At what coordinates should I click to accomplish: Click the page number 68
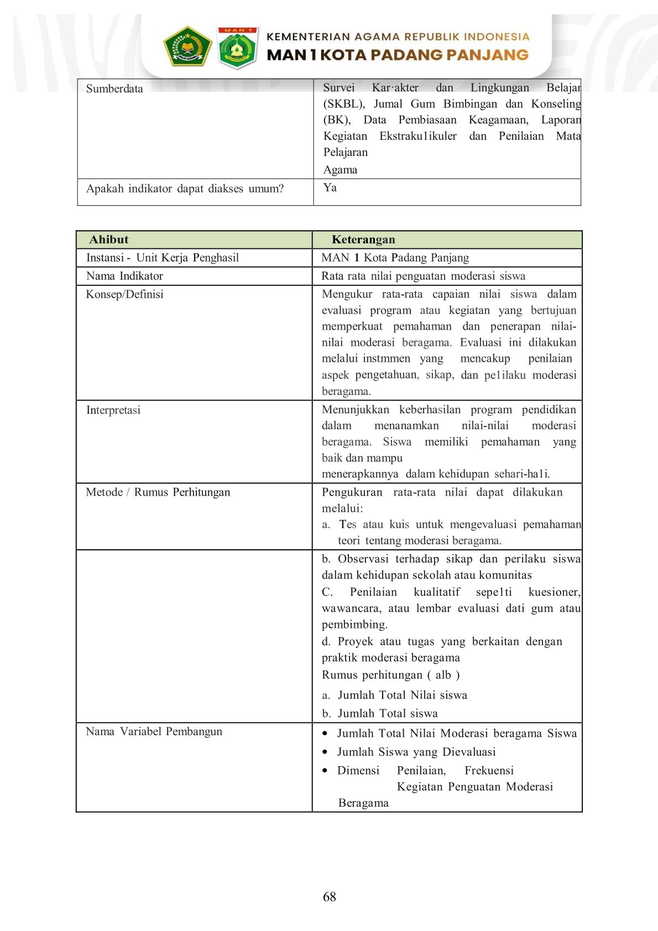click(x=329, y=897)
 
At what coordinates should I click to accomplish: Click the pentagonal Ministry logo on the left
click(x=187, y=46)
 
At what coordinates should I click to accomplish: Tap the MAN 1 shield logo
click(x=237, y=48)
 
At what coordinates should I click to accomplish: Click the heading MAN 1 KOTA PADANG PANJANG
click(x=397, y=55)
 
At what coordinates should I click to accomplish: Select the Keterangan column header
click(x=363, y=240)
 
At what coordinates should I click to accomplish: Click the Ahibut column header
click(x=109, y=240)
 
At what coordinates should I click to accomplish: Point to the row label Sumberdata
click(x=114, y=89)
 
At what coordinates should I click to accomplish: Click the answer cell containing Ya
click(x=330, y=188)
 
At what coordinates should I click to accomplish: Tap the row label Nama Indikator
click(x=124, y=276)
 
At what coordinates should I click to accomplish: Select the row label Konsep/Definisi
click(x=124, y=294)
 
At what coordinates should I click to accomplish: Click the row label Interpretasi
click(x=113, y=410)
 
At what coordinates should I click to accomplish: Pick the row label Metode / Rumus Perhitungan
click(x=158, y=492)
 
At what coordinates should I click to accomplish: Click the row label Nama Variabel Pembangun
click(x=154, y=731)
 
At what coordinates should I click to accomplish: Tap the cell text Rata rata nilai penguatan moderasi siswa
click(x=423, y=276)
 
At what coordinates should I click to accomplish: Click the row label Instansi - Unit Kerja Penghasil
click(x=163, y=258)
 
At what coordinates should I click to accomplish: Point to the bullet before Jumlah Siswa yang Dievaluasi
click(x=325, y=752)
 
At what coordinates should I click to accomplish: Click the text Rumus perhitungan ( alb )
click(x=390, y=675)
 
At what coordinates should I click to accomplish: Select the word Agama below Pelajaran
click(x=340, y=170)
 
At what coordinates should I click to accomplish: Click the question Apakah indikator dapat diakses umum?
click(x=185, y=189)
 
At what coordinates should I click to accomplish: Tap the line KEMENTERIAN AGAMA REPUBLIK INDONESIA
click(x=398, y=37)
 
